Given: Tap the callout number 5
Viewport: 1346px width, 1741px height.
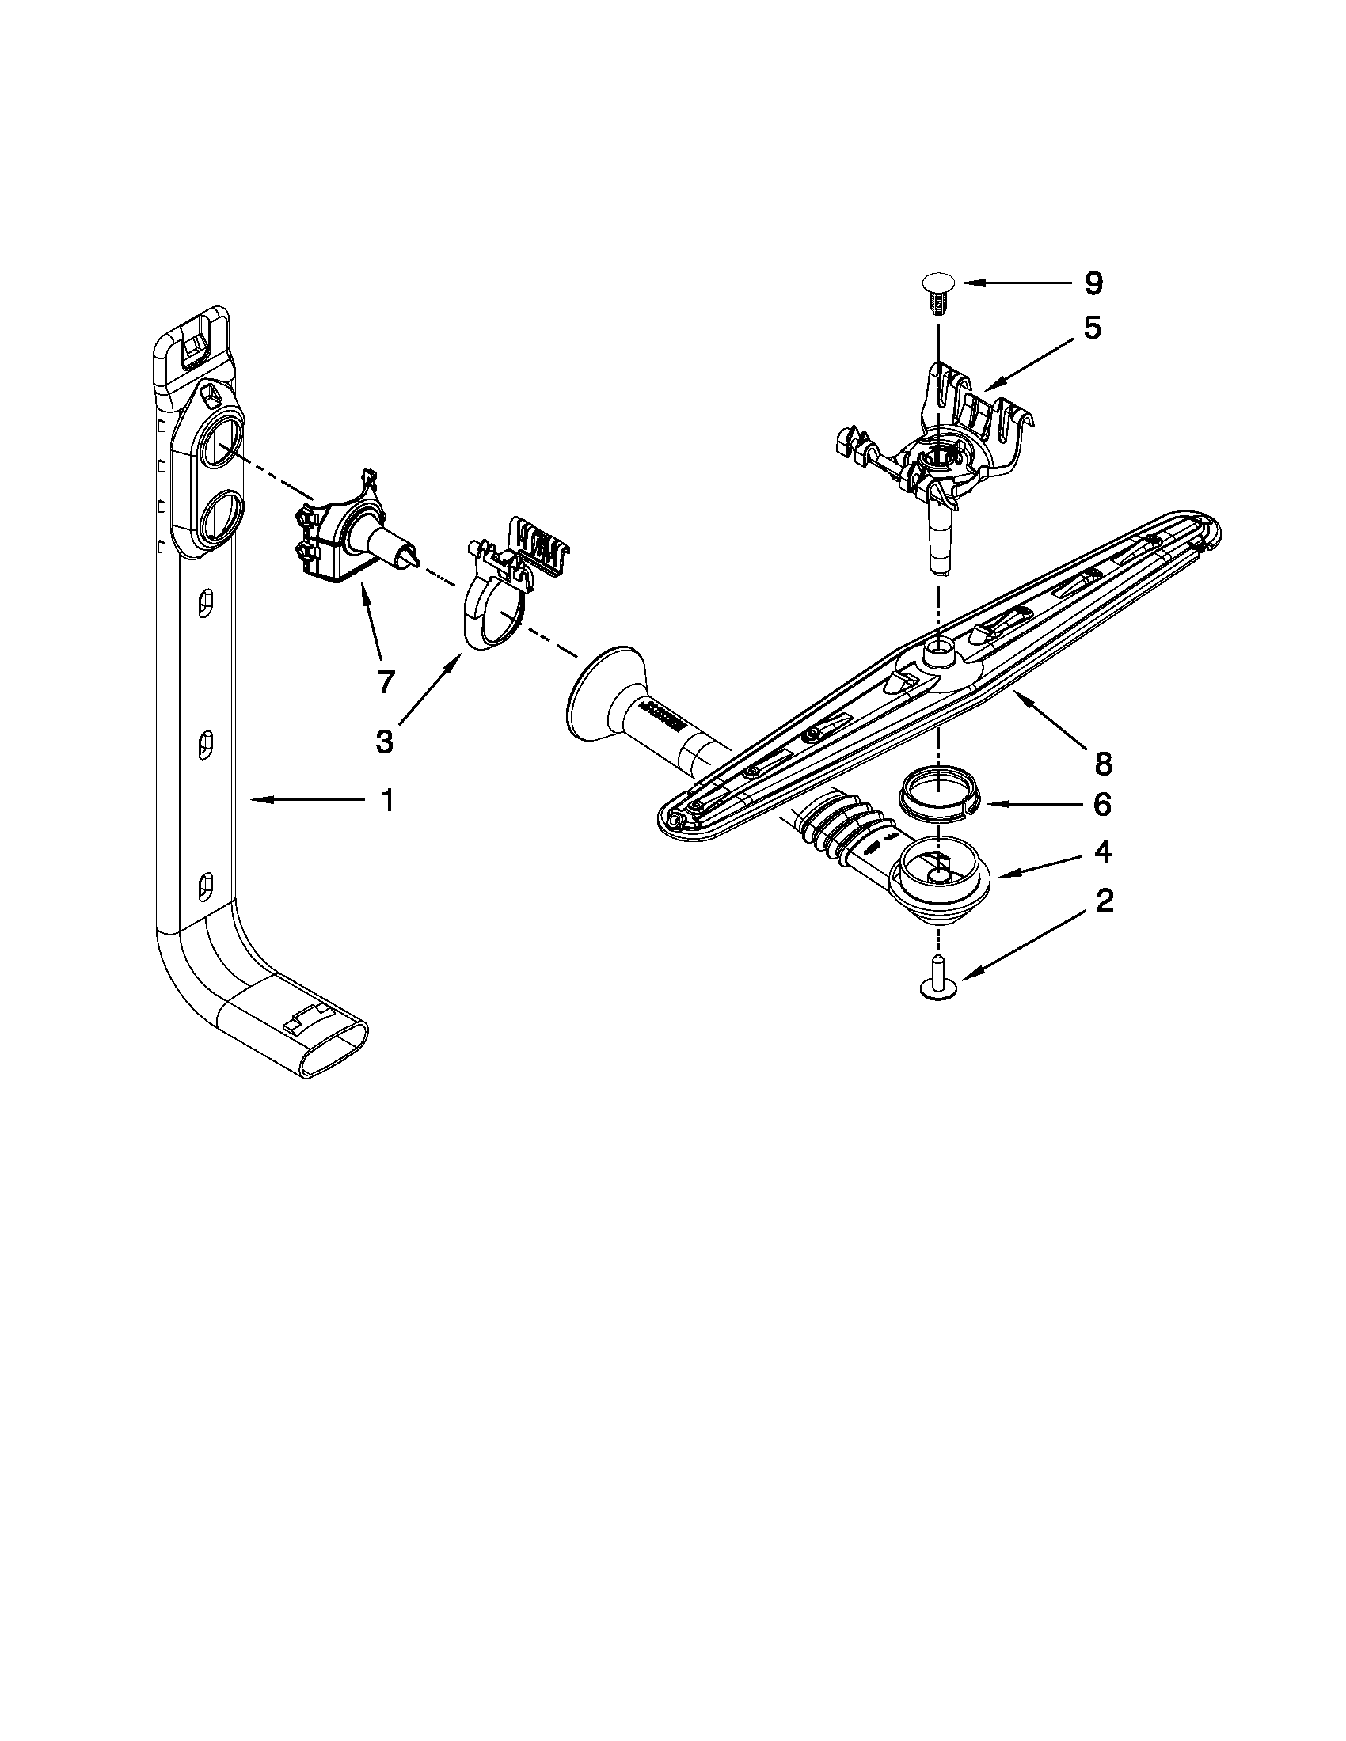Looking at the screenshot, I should (1092, 328).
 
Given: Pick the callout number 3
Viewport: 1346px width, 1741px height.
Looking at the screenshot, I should (384, 742).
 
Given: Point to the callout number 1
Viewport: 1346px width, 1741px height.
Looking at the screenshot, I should (386, 800).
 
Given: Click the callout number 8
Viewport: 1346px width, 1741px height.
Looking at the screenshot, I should (1102, 764).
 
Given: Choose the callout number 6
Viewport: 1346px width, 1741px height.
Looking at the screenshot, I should (1101, 805).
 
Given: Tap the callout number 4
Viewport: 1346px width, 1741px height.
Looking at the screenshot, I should (1102, 852).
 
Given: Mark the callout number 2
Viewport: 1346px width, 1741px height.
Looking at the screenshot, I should (1104, 901).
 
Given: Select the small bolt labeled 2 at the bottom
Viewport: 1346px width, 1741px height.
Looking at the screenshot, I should (938, 978).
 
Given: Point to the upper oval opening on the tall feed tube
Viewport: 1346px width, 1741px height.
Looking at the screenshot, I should (219, 444).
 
